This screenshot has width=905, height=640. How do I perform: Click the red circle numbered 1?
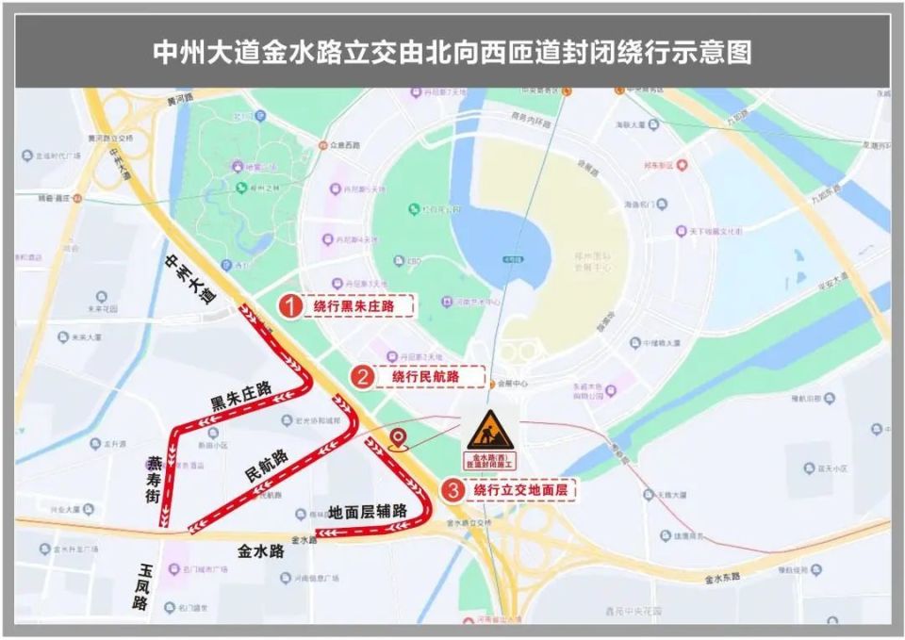click(292, 306)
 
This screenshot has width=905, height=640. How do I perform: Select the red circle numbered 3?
click(453, 490)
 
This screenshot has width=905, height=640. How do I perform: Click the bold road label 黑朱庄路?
click(240, 396)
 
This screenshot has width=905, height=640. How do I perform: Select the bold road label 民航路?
click(266, 466)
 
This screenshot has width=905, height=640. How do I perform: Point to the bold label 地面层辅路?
click(368, 512)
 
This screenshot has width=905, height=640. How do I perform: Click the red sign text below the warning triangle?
click(489, 461)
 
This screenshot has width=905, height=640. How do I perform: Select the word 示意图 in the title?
click(720, 51)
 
